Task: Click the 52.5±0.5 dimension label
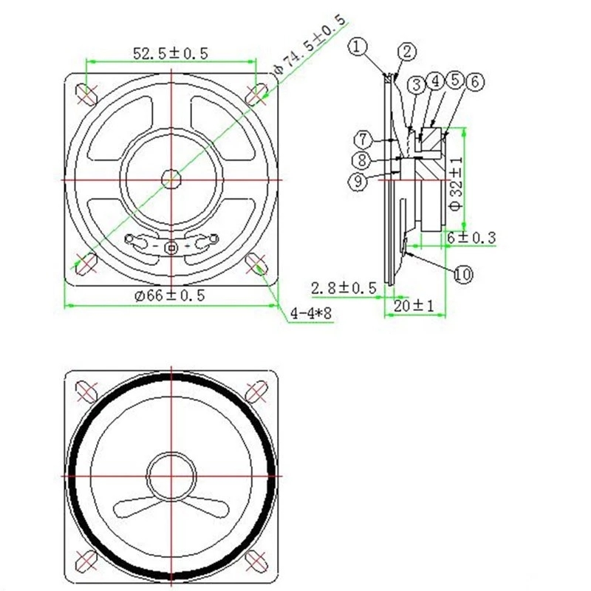[171, 53]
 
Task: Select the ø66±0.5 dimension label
[170, 295]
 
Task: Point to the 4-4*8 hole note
[311, 312]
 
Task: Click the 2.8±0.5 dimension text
[344, 288]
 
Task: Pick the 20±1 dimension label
[414, 306]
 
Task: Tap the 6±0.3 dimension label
[471, 237]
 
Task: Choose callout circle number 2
[407, 52]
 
